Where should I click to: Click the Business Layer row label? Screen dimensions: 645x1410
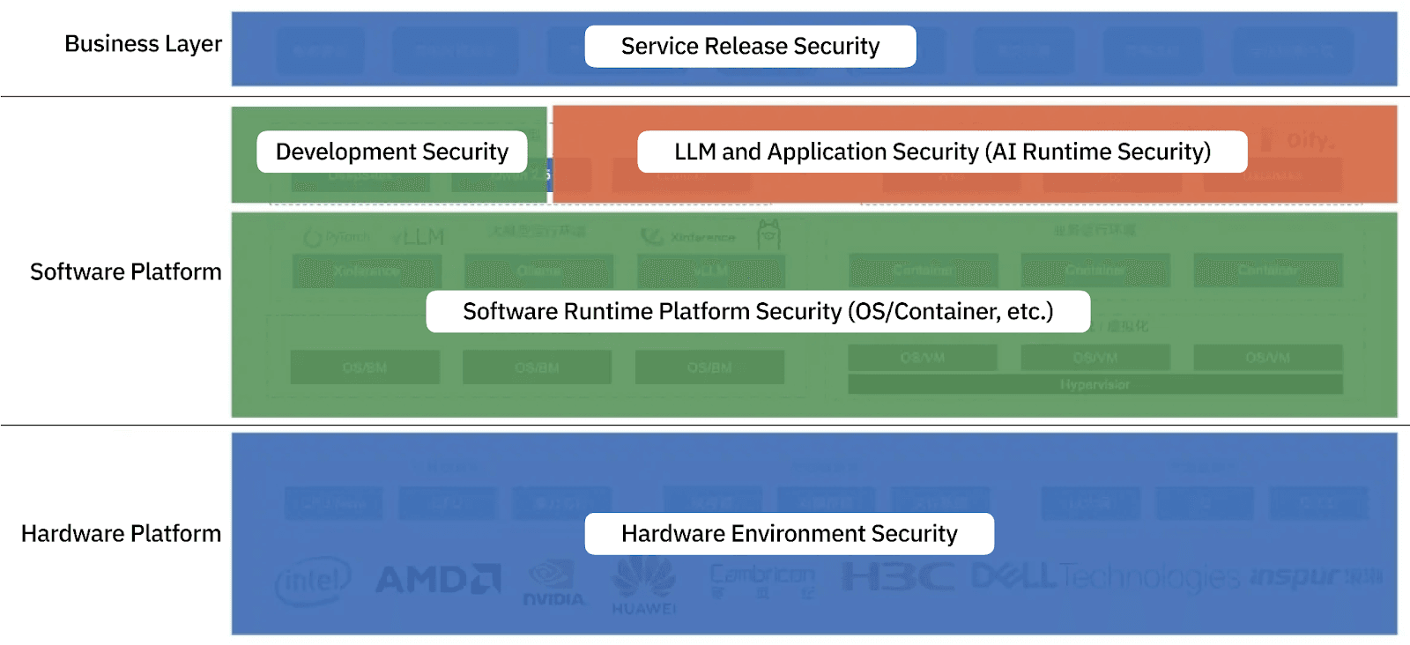[x=143, y=44]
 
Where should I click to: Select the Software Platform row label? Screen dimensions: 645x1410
[x=125, y=271]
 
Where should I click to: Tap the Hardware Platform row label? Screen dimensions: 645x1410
[x=121, y=534]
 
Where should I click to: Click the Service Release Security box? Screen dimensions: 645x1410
[x=750, y=47]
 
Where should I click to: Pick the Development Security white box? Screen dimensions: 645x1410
[x=391, y=152]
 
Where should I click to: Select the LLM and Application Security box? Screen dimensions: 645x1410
[x=941, y=152]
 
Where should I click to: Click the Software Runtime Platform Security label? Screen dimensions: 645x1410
[x=757, y=312]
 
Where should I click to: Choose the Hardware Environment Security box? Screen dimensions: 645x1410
[x=789, y=534]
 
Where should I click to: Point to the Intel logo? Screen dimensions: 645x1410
[x=313, y=581]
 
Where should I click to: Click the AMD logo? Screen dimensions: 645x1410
[x=438, y=579]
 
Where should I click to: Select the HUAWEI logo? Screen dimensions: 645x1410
[x=644, y=586]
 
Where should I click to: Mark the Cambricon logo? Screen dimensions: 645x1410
[x=762, y=579]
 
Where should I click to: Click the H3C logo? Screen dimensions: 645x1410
[x=897, y=577]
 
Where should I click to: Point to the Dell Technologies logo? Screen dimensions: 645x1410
[x=1105, y=576]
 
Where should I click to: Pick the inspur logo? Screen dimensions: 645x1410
[x=1317, y=576]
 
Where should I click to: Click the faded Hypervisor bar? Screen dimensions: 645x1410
[x=1095, y=385]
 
